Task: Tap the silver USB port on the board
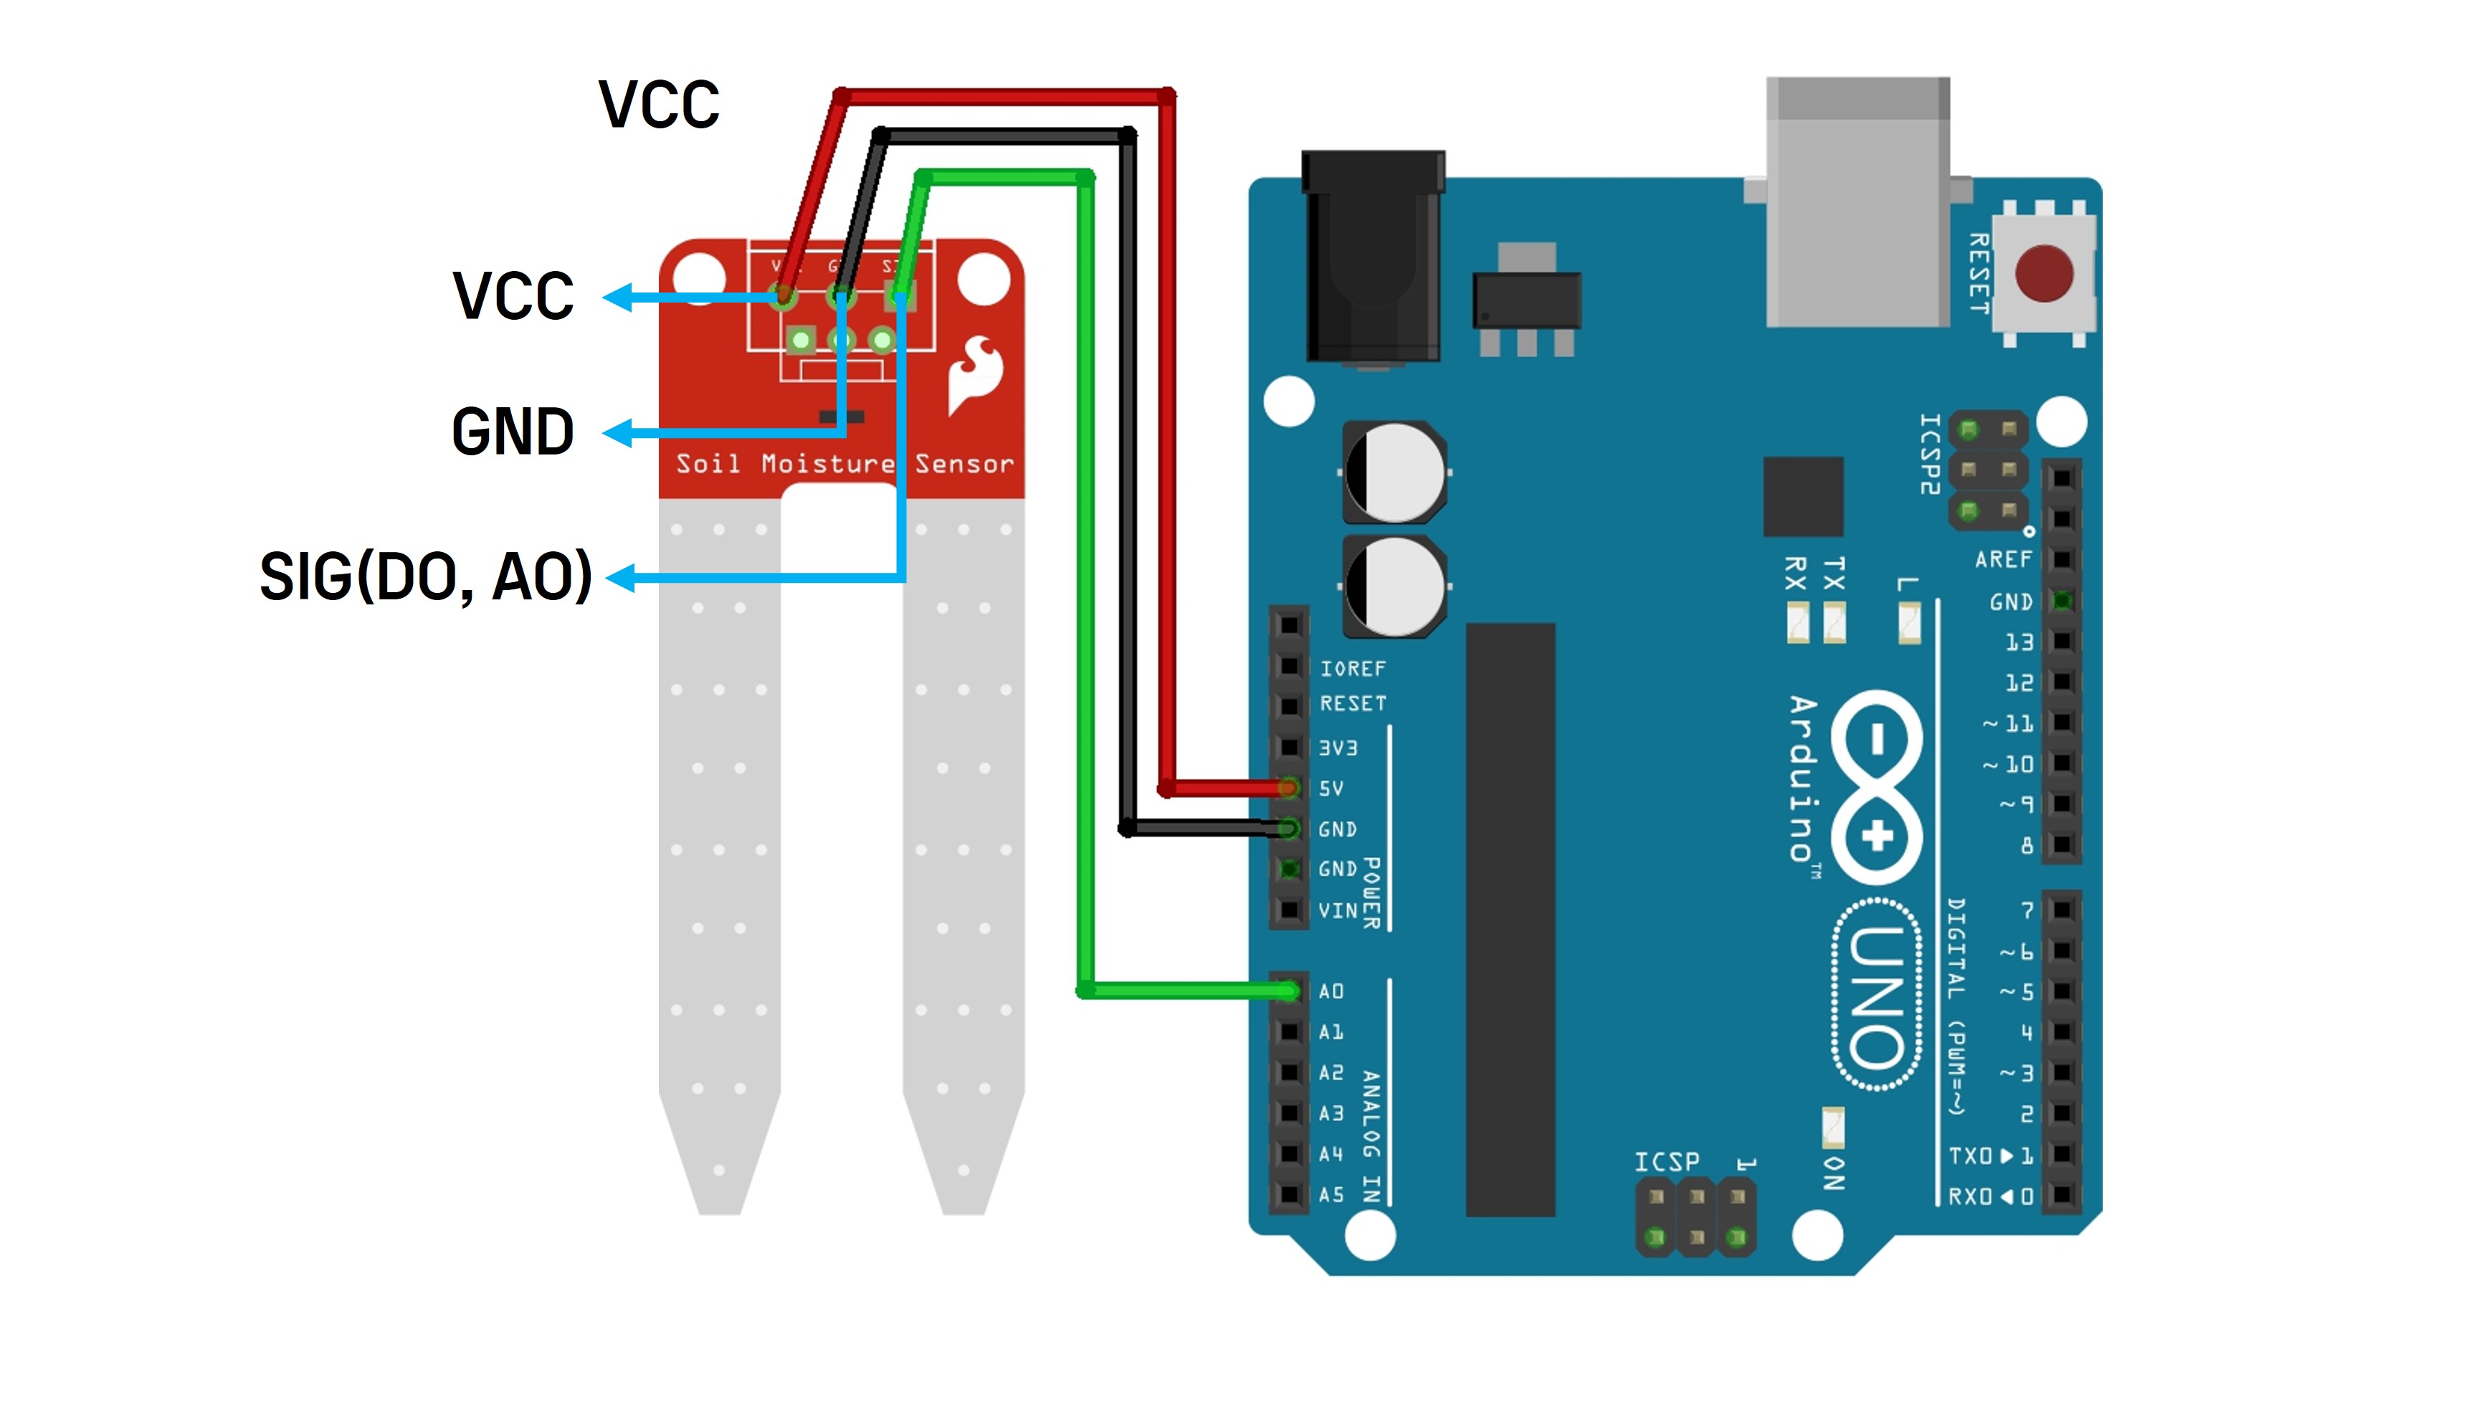pos(1857,204)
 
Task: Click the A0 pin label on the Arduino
pos(1331,991)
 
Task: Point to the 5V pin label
pos(1331,788)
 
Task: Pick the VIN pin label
pos(1338,911)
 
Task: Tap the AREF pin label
pos(2003,559)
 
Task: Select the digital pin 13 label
pos(2019,642)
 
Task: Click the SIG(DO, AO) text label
pos(426,576)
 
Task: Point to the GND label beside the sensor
pos(513,432)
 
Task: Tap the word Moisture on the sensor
pos(827,464)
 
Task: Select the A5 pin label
pos(1331,1194)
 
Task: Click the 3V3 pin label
pos(1338,747)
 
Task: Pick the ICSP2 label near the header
pos(1930,454)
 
